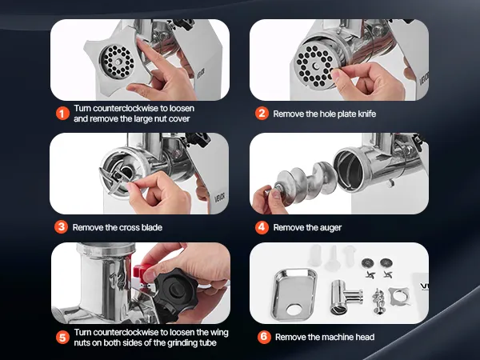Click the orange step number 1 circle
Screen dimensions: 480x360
(x=62, y=114)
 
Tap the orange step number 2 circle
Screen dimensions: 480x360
(x=262, y=114)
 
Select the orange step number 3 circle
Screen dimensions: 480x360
(x=62, y=227)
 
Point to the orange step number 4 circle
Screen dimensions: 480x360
(x=262, y=227)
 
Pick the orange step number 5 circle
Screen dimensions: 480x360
(x=62, y=338)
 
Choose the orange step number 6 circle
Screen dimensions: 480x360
(x=264, y=337)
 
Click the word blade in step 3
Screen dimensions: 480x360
(x=151, y=227)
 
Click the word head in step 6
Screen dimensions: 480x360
(x=365, y=337)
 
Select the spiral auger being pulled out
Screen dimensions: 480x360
(x=304, y=183)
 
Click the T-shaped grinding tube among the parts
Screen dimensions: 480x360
(x=346, y=296)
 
